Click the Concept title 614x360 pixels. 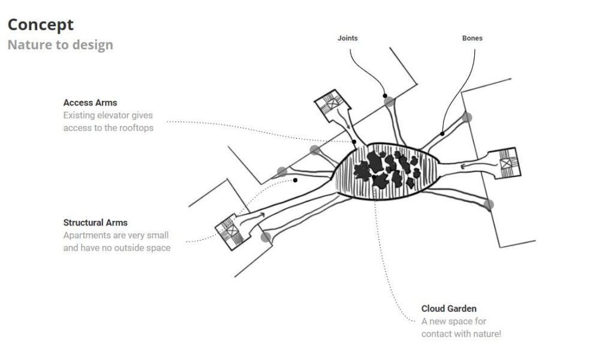(41, 25)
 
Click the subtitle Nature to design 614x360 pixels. (61, 44)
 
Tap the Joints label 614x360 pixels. (348, 38)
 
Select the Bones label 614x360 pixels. (472, 38)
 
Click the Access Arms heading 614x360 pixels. (90, 103)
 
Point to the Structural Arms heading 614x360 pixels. (95, 223)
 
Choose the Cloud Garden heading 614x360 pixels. (449, 308)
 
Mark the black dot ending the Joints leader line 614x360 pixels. (385, 95)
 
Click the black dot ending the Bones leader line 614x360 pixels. (442, 134)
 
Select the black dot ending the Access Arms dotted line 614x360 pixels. (354, 142)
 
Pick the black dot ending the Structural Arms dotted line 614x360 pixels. (295, 180)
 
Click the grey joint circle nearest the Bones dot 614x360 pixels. (466, 117)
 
